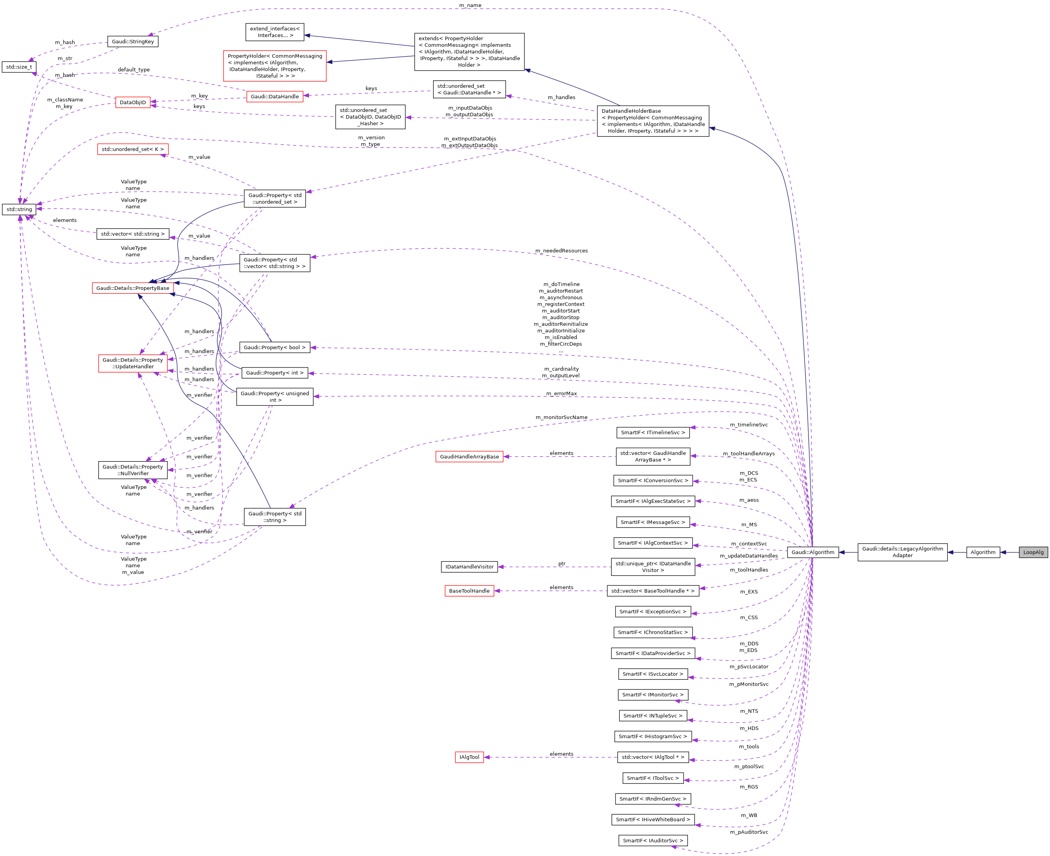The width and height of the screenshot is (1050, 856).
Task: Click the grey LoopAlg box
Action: point(1033,552)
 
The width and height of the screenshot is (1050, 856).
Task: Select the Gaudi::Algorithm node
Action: point(812,552)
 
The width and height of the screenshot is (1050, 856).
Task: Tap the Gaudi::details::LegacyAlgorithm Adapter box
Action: point(902,552)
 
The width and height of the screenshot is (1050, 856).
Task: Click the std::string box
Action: point(19,210)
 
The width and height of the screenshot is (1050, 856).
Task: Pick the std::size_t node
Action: point(19,67)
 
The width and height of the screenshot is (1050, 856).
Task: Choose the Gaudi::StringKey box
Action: point(133,41)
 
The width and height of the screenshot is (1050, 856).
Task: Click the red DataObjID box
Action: point(133,103)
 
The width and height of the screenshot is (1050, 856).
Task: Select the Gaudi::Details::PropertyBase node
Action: point(133,288)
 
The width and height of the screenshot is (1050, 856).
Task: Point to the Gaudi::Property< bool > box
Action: point(274,348)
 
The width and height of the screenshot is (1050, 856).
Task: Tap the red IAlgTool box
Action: point(469,757)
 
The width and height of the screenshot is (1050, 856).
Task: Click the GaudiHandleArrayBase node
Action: point(469,456)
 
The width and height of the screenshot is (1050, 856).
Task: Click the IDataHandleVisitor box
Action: point(469,567)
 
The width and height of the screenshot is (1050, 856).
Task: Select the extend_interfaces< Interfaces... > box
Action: point(275,32)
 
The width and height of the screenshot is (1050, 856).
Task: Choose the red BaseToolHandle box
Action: point(469,591)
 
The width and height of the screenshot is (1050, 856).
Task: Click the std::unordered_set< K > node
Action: point(133,149)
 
